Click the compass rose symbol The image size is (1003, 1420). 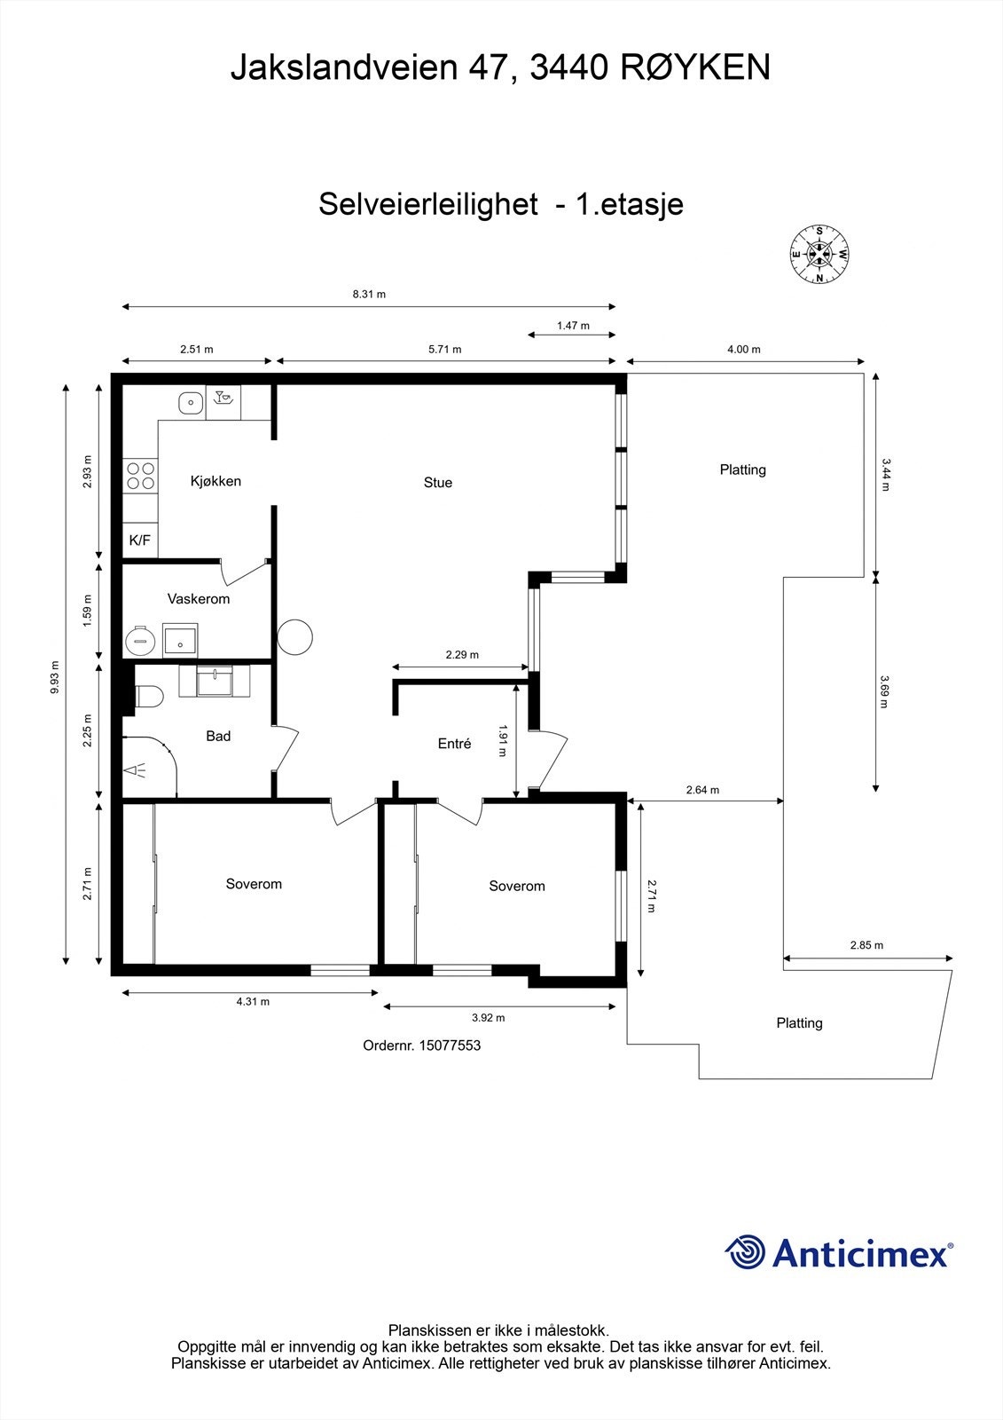coord(819,255)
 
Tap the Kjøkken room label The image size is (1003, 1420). coord(215,481)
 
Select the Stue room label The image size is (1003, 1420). coord(438,483)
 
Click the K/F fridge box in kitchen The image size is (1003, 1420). coord(140,540)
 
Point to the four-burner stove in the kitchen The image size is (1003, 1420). coord(140,476)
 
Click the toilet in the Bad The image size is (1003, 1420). coord(147,697)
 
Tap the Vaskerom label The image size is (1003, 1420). coord(199,599)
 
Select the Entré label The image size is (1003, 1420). coord(454,745)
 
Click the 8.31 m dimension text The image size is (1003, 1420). coord(369,294)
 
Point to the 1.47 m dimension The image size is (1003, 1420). coord(573,326)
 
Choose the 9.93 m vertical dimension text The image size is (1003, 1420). coord(56,678)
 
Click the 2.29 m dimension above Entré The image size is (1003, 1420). coord(462,655)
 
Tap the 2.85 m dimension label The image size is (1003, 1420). coord(866,945)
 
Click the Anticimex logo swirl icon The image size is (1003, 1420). coord(745,1252)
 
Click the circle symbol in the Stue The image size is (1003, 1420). coord(294,636)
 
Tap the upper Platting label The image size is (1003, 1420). coord(742,469)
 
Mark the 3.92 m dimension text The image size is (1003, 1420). coord(488,1018)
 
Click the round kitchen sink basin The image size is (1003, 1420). coord(189,403)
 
